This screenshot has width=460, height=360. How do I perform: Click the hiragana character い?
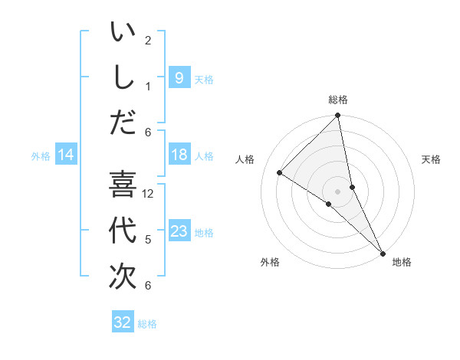click(x=123, y=33)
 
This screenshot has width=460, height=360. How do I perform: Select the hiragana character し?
click(x=123, y=77)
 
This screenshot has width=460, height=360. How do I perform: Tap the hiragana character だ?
click(x=123, y=122)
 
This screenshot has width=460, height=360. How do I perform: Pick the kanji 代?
click(x=123, y=231)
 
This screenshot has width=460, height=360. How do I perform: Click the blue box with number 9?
click(x=179, y=77)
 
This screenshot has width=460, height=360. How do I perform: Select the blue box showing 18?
click(x=179, y=155)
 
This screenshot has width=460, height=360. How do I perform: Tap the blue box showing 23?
click(x=179, y=231)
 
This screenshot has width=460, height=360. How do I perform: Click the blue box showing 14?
click(x=66, y=155)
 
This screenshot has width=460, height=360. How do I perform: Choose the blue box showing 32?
click(x=123, y=322)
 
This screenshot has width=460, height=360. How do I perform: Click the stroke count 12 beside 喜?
click(x=148, y=194)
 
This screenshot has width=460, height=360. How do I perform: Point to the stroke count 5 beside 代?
click(x=148, y=239)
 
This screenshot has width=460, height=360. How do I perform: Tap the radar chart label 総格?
click(x=338, y=100)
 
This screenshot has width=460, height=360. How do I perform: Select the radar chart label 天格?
click(x=431, y=159)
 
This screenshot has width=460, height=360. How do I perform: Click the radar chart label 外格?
click(x=269, y=262)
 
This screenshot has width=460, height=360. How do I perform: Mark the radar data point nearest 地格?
click(x=383, y=252)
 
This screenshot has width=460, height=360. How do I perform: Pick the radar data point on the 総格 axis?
click(x=338, y=116)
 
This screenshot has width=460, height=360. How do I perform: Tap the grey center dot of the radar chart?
click(x=338, y=191)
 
